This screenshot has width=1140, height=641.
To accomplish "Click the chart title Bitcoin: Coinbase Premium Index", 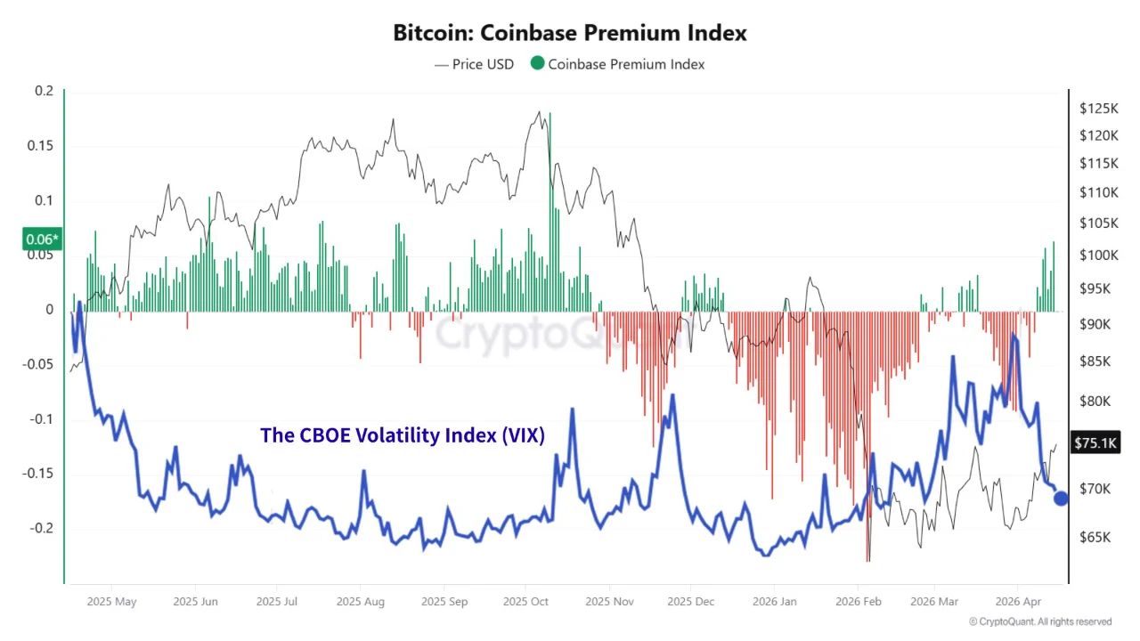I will tap(570, 33).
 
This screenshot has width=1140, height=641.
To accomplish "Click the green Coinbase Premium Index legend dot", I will tap(537, 63).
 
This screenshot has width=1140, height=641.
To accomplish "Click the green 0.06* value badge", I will tap(41, 239).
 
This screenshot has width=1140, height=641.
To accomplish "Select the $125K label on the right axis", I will tap(1098, 109).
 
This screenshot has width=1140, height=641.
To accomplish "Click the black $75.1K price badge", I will tap(1096, 442).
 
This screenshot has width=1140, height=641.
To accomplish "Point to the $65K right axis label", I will tap(1095, 538).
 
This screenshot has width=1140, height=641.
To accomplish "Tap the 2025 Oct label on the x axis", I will tap(526, 602).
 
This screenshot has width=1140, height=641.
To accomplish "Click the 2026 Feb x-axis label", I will tap(859, 602).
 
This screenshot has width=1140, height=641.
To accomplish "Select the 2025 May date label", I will tap(112, 602).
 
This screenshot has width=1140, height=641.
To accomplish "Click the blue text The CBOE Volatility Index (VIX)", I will tap(403, 435).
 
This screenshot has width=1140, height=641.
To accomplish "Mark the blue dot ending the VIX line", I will tap(1061, 499).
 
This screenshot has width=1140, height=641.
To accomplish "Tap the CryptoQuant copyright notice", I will tap(1040, 621).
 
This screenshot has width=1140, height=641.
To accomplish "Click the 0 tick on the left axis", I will tap(50, 310).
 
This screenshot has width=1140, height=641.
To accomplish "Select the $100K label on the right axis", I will tap(1098, 256).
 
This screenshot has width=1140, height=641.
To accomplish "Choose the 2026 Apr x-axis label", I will tap(1019, 602).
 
